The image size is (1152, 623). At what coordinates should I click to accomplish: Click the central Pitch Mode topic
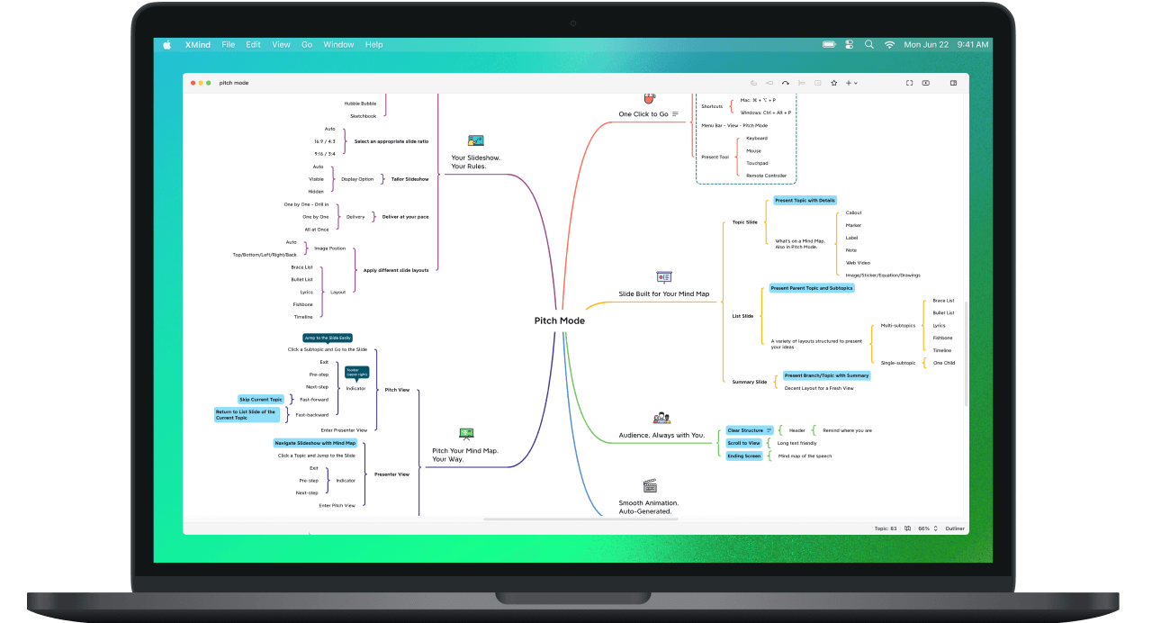(x=559, y=321)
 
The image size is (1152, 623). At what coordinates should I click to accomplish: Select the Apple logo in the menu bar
(x=166, y=44)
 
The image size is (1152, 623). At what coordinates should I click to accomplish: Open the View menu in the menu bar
(x=281, y=44)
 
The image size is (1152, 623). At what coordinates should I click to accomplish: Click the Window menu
(x=338, y=44)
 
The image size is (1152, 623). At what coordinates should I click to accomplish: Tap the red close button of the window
(x=193, y=83)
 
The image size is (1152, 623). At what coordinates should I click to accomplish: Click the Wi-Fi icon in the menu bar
(x=889, y=44)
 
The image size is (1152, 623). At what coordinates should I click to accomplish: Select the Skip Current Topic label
(x=261, y=399)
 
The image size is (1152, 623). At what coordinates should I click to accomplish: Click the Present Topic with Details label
(x=805, y=200)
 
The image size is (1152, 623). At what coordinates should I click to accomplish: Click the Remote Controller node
(x=766, y=176)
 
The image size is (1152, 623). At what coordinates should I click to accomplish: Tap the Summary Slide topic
(x=749, y=382)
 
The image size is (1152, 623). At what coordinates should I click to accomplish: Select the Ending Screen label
(x=744, y=456)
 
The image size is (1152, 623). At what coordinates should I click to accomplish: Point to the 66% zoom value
(x=923, y=528)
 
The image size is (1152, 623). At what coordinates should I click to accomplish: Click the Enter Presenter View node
(x=343, y=430)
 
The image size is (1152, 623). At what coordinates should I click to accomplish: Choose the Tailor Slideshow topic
(x=409, y=179)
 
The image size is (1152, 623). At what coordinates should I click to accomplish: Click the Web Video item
(x=857, y=263)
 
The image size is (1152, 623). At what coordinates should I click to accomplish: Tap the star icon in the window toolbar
(x=834, y=83)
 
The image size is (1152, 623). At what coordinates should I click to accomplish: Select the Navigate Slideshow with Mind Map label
(x=315, y=443)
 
